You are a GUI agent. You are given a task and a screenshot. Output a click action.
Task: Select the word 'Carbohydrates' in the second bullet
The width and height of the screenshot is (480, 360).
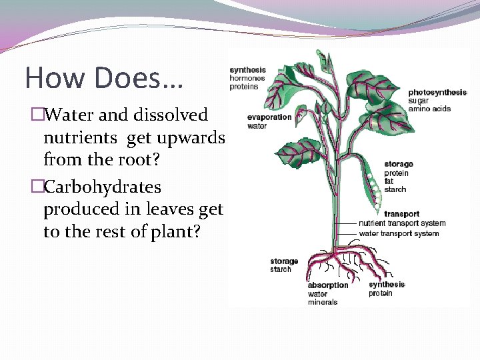(x=102, y=186)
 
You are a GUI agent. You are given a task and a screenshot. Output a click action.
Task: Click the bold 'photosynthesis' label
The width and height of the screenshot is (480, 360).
(x=437, y=92)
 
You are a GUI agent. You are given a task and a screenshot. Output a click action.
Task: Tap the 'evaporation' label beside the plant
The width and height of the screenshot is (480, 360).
(x=269, y=117)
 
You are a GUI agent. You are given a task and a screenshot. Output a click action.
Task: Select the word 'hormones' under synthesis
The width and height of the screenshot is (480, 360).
(x=248, y=78)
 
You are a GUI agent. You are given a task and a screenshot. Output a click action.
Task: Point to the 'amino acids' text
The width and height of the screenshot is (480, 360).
(x=429, y=109)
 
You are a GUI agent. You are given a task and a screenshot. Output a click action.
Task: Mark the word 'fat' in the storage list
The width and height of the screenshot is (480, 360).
(x=389, y=181)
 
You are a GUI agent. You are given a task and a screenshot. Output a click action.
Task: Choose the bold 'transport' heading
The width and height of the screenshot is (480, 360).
(x=401, y=214)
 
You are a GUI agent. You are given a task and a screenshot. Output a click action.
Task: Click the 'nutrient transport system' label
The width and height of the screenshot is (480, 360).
(x=402, y=223)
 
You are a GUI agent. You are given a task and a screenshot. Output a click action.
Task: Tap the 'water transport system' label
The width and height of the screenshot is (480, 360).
(x=399, y=233)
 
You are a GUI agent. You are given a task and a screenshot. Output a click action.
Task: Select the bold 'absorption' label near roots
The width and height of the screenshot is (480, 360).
(x=327, y=285)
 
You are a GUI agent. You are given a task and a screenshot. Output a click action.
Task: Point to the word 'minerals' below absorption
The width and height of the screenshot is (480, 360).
(x=322, y=302)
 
